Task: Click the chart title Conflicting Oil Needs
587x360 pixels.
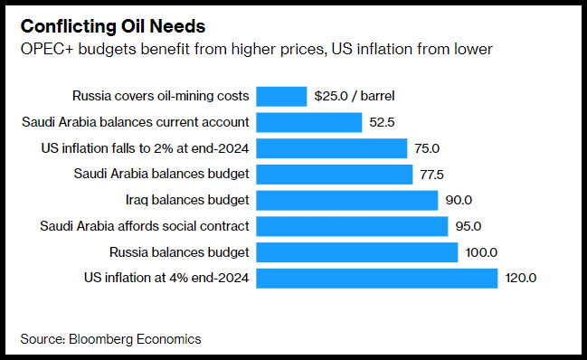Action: [x=113, y=26]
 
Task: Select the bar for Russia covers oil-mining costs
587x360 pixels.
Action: [x=281, y=97]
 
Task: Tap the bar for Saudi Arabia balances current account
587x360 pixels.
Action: [x=309, y=122]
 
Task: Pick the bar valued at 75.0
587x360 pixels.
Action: [x=332, y=148]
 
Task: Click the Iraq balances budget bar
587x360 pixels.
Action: [x=347, y=201]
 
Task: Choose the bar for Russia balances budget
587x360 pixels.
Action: [x=357, y=252]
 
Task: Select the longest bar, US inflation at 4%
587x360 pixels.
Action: [x=377, y=279]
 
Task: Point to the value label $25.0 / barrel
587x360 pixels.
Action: [x=355, y=96]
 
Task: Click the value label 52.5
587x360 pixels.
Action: [x=382, y=122]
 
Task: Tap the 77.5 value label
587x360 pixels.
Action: [x=431, y=175]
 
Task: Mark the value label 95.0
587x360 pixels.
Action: [x=468, y=226]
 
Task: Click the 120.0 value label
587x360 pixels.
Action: [x=520, y=278]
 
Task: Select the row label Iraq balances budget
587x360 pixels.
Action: [x=187, y=200]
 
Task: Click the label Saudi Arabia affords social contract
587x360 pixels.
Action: [x=145, y=226]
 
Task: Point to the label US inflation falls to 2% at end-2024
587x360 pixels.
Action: [x=145, y=148]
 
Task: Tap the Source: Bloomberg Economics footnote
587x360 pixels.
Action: [x=111, y=339]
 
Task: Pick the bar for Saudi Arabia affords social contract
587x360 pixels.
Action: [x=352, y=226]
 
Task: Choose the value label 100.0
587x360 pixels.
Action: [x=481, y=252]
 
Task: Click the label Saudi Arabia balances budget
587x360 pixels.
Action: [x=161, y=174]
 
